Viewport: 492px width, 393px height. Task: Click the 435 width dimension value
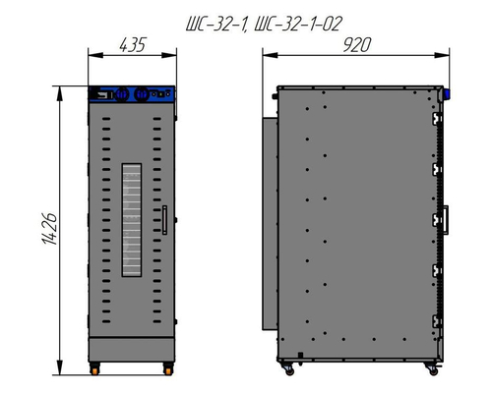click(x=132, y=45)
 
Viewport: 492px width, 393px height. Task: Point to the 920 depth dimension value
click(x=357, y=45)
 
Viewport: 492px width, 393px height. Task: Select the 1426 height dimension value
click(x=50, y=229)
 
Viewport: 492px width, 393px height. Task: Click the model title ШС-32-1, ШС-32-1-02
click(x=265, y=24)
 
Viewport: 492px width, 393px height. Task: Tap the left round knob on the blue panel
click(x=121, y=94)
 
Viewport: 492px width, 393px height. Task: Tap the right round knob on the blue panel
click(x=142, y=94)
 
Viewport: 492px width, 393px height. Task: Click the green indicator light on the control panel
click(x=161, y=94)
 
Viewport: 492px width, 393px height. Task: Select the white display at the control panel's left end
click(x=102, y=95)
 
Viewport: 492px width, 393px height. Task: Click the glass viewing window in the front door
click(x=132, y=220)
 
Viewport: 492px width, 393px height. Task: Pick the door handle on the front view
click(x=164, y=220)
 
